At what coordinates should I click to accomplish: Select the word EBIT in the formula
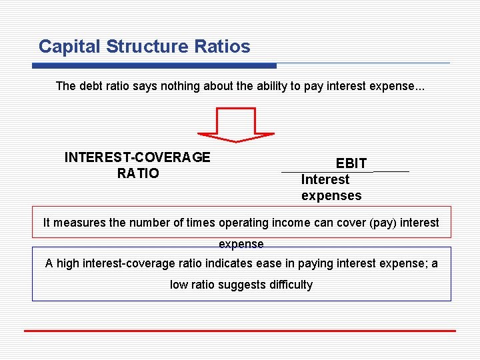(x=351, y=163)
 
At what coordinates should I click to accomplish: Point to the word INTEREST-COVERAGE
(x=137, y=157)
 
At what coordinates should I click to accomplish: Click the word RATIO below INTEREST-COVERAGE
(x=138, y=173)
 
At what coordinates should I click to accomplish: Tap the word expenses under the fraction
(x=331, y=195)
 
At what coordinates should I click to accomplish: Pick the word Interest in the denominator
(x=325, y=179)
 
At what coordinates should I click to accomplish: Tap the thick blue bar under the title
(x=155, y=65)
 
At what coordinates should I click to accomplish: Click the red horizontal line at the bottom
(x=240, y=331)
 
